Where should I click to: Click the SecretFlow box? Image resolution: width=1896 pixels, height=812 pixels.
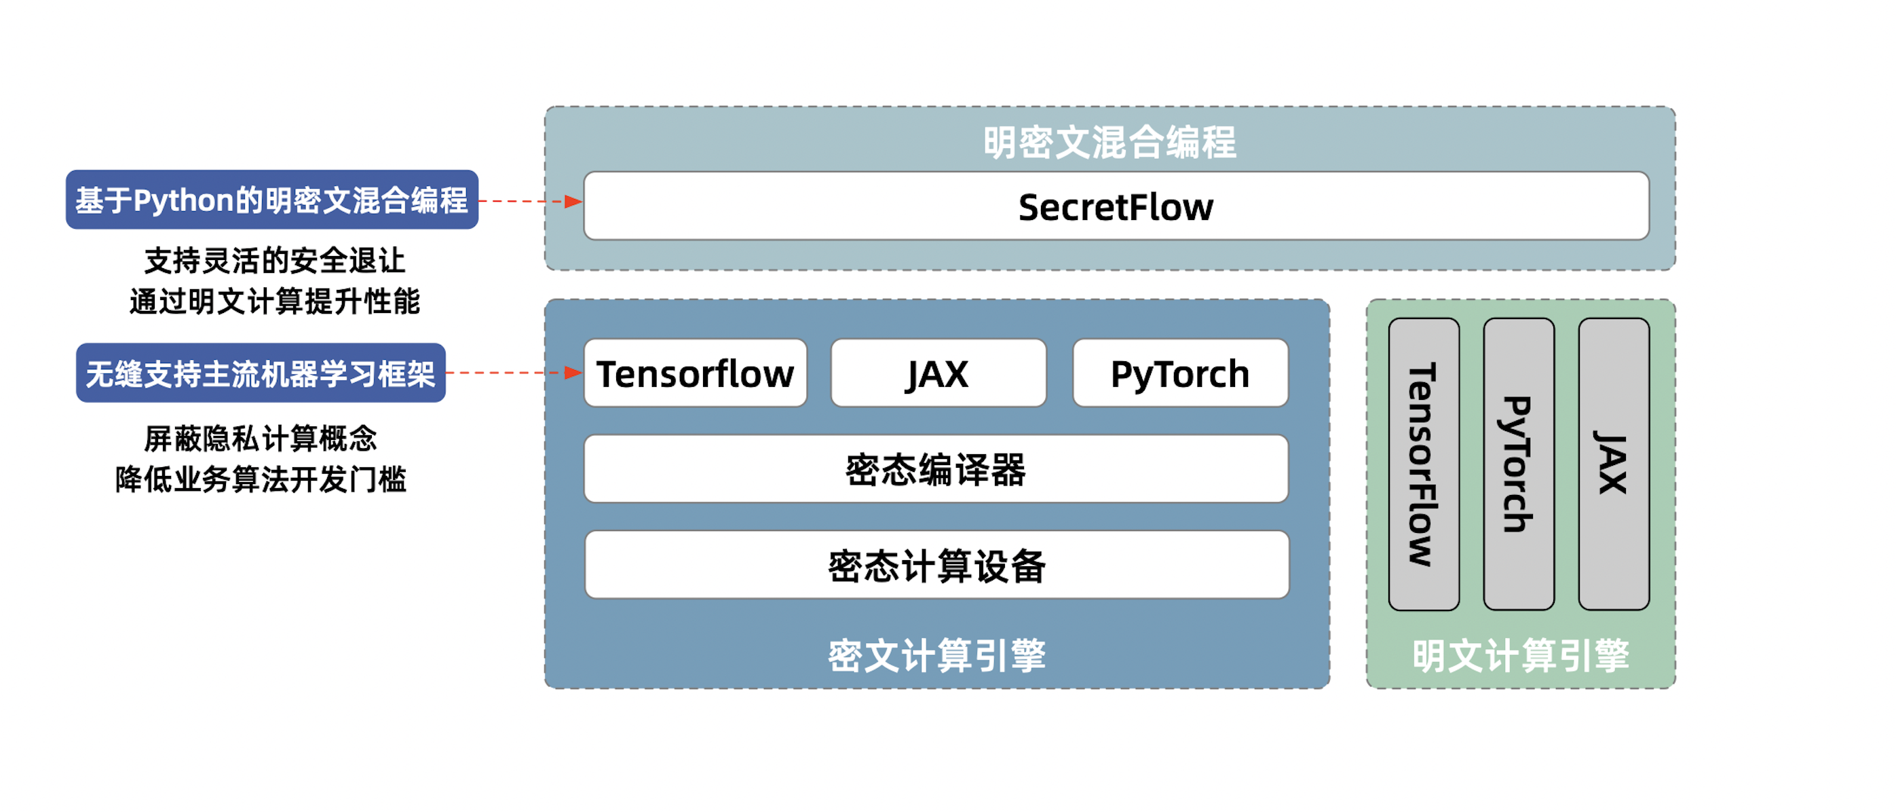[x=1116, y=206]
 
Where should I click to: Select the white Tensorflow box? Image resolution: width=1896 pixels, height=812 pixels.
[x=696, y=373]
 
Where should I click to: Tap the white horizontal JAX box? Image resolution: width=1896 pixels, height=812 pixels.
[x=938, y=373]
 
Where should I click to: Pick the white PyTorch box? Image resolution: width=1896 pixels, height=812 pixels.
[x=1180, y=373]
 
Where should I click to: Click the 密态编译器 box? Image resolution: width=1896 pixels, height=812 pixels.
[x=936, y=469]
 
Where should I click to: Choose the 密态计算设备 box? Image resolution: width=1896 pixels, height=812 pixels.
[x=936, y=565]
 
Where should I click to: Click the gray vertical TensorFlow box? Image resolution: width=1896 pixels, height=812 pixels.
[x=1424, y=464]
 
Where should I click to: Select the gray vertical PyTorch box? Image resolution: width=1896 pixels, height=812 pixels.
[x=1519, y=464]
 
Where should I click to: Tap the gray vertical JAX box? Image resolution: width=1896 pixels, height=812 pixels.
[x=1614, y=464]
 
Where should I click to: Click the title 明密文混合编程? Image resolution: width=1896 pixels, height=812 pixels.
[x=1110, y=142]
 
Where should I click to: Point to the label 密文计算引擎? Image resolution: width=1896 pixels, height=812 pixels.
[x=936, y=654]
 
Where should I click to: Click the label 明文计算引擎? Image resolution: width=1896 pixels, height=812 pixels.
[x=1521, y=654]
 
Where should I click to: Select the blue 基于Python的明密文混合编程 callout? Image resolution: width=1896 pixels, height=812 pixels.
[x=271, y=200]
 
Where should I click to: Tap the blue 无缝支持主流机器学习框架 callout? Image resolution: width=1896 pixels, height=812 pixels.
[x=261, y=373]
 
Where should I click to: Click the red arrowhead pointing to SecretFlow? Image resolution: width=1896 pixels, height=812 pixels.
[x=573, y=201]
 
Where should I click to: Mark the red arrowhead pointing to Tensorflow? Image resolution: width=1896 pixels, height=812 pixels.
[x=573, y=373]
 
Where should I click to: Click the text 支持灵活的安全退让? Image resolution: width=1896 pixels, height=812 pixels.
[x=275, y=261]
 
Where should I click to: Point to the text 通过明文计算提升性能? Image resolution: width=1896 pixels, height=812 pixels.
[x=275, y=301]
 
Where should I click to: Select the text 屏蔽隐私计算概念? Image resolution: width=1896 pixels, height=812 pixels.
[x=261, y=439]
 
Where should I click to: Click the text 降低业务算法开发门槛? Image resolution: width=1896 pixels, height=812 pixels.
[x=261, y=479]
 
